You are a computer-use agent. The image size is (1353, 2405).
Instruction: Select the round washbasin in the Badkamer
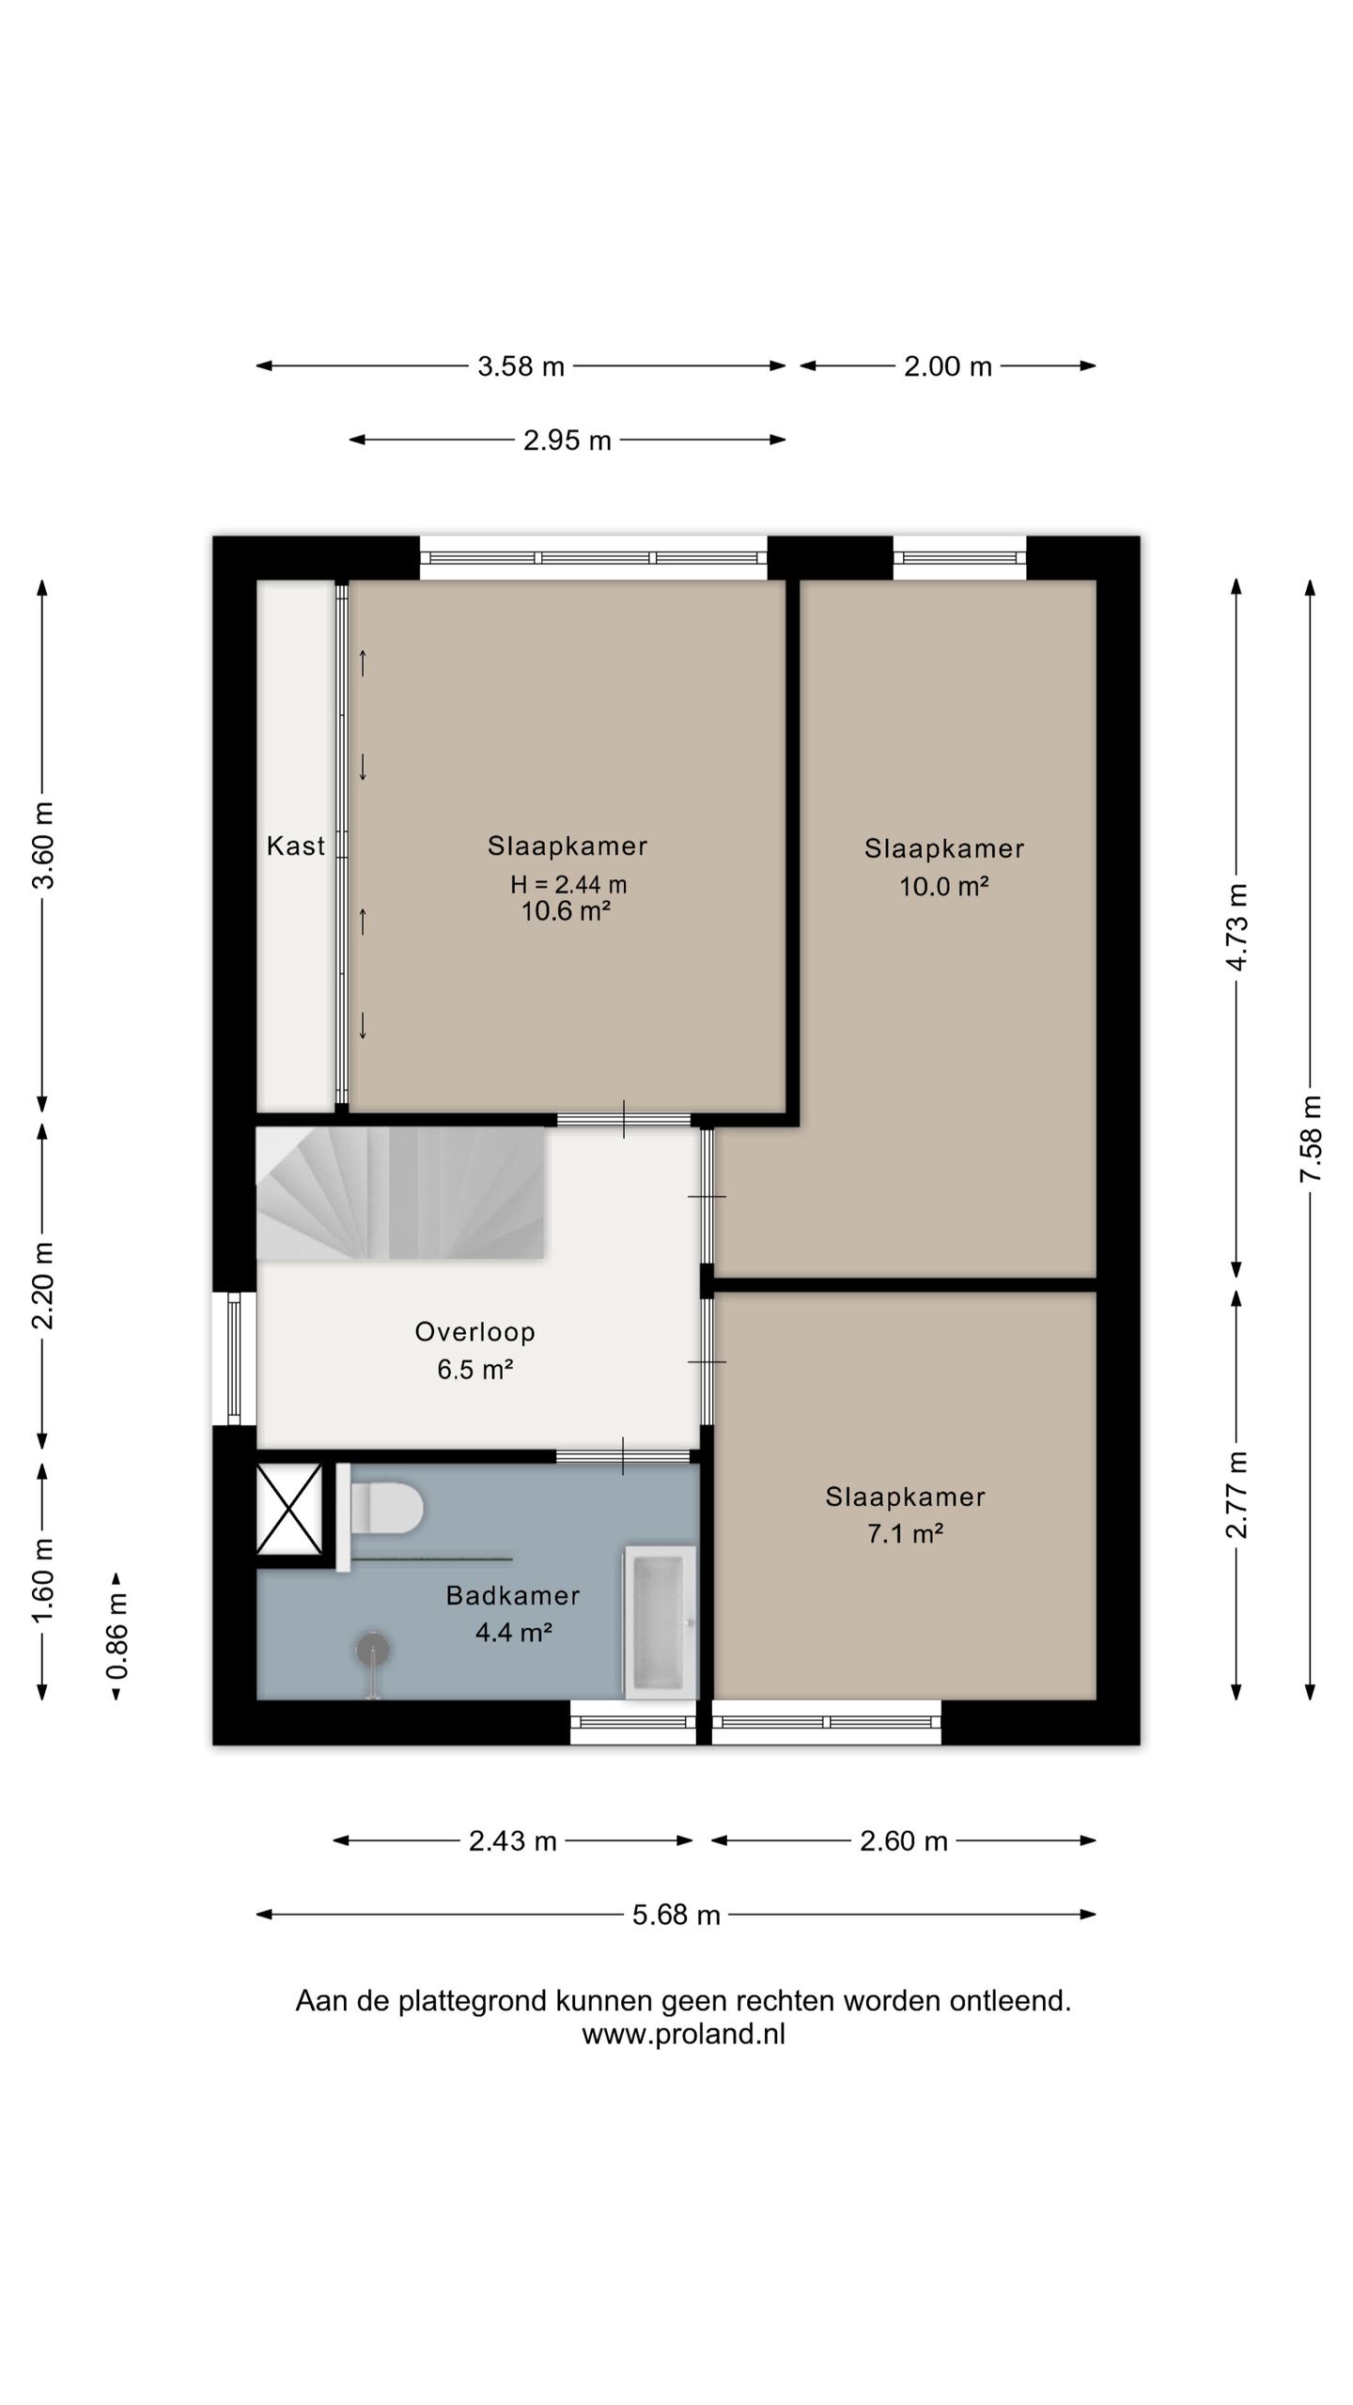[373, 1650]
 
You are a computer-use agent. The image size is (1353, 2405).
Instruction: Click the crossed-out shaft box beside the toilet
[289, 1508]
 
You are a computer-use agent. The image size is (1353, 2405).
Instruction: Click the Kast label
[296, 846]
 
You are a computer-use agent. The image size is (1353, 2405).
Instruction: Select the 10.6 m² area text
[567, 910]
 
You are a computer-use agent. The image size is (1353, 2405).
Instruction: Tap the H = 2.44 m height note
[568, 884]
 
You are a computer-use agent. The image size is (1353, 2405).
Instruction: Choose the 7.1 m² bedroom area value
[905, 1533]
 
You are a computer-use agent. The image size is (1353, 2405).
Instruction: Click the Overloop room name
[475, 1331]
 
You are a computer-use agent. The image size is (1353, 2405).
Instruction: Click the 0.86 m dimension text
[117, 1637]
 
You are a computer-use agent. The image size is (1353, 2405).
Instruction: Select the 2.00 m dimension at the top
[948, 365]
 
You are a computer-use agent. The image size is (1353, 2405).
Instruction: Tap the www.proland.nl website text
[683, 2033]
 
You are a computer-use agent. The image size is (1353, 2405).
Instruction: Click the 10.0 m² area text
[944, 886]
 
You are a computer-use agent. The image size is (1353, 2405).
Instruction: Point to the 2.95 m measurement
[568, 440]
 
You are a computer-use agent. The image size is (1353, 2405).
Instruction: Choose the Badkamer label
[513, 1594]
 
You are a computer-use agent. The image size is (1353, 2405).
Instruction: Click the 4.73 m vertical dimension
[1237, 927]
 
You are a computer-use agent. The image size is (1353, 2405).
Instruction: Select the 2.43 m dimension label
[513, 1840]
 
